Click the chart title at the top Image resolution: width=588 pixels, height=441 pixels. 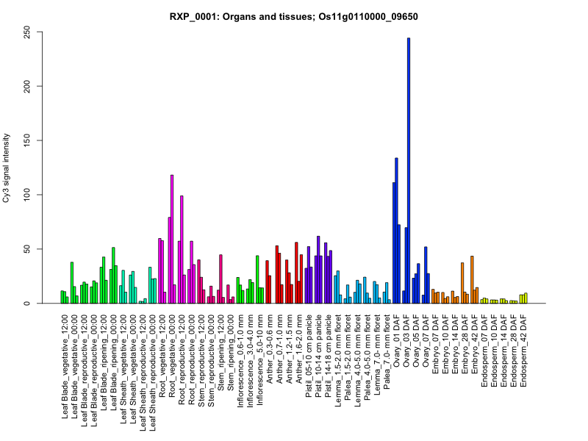[x=294, y=15]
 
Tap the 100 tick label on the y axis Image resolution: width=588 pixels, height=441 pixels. [x=27, y=195]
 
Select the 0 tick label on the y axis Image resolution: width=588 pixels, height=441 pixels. [x=27, y=304]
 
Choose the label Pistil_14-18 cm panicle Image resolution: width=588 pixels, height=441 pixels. [x=328, y=356]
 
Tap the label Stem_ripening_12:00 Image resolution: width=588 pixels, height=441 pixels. [x=220, y=353]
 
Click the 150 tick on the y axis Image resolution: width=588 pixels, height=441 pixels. [x=27, y=140]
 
